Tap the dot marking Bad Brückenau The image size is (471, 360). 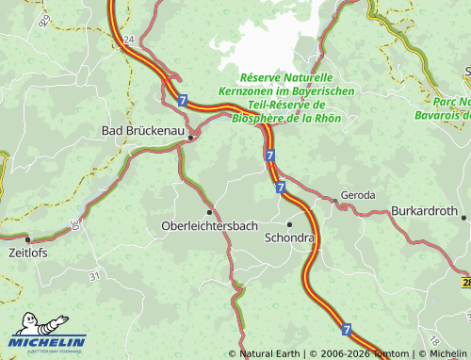(191, 138)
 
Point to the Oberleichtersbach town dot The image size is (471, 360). (209, 212)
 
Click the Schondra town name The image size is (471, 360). (289, 237)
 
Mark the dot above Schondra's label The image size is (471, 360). (289, 223)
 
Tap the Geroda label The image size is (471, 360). (358, 195)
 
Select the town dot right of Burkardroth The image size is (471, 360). (463, 217)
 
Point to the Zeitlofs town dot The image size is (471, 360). (27, 239)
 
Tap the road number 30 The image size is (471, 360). (74, 226)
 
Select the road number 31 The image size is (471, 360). (93, 276)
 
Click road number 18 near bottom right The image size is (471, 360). (432, 340)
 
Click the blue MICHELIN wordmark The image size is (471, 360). (49, 341)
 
